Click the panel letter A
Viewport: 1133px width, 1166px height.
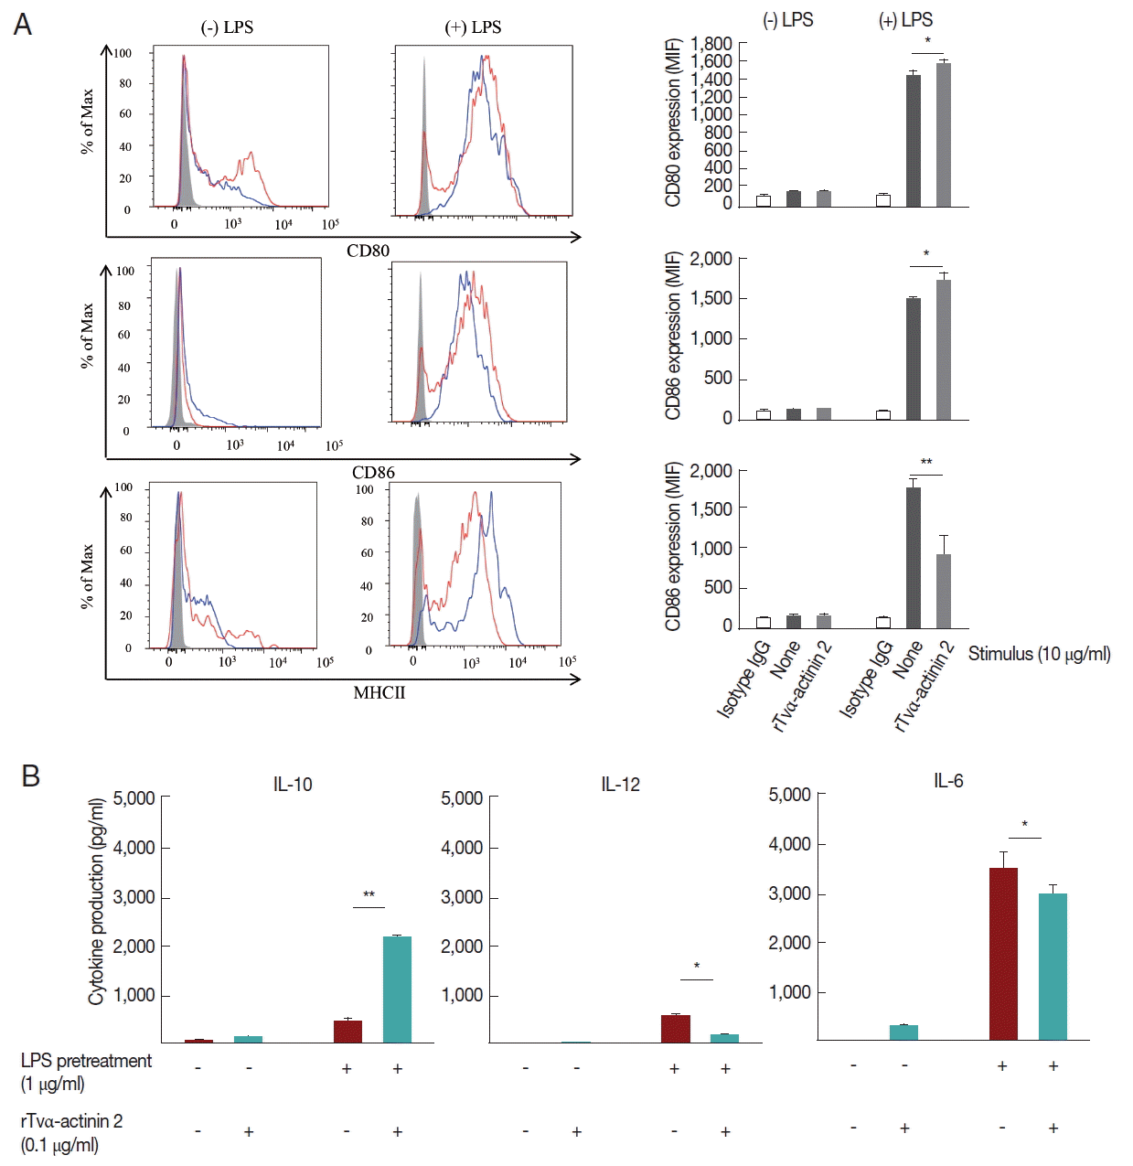point(23,24)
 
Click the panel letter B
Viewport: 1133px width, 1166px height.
point(30,776)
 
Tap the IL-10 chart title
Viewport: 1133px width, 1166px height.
point(293,785)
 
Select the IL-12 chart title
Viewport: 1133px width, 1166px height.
point(620,785)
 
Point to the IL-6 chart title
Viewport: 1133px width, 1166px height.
point(948,781)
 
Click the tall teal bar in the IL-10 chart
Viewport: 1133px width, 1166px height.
point(397,989)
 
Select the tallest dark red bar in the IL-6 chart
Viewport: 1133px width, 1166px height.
point(1003,954)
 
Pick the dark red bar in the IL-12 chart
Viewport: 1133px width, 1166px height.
point(676,1028)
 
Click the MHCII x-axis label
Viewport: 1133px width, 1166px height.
point(379,693)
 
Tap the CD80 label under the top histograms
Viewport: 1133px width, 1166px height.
point(368,251)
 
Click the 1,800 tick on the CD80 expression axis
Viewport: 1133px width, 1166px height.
point(711,44)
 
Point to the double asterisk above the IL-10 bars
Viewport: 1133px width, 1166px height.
point(369,895)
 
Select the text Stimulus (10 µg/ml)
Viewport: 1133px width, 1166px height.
point(1039,654)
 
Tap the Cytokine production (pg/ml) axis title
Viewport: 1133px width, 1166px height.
point(96,902)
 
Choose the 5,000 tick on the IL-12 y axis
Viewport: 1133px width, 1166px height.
point(462,798)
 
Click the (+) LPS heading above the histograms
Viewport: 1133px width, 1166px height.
point(473,27)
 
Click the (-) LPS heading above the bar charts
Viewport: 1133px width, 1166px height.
point(787,20)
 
